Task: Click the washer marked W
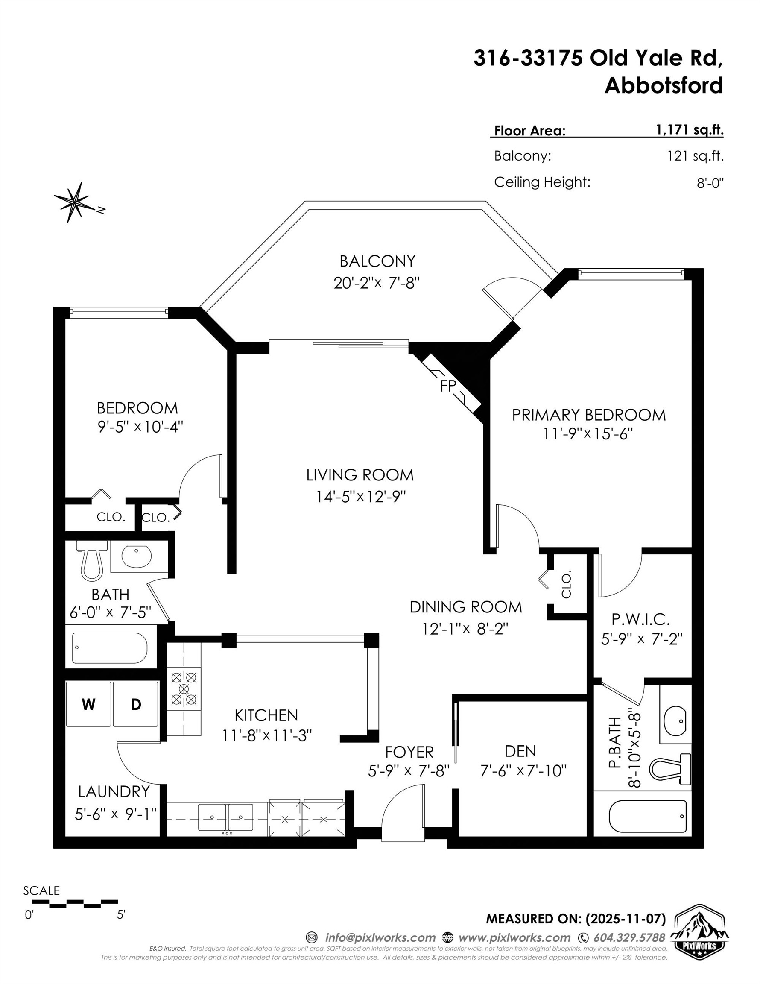coord(88,704)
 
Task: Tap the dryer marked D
coord(136,704)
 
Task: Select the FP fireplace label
coord(448,386)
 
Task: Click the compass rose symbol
coord(75,203)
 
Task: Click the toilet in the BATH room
coord(92,560)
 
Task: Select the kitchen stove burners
coord(184,688)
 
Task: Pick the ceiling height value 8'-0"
coord(710,183)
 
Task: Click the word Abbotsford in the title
coord(663,85)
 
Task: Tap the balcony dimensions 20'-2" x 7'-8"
coord(377,283)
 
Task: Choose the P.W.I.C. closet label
coord(640,620)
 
